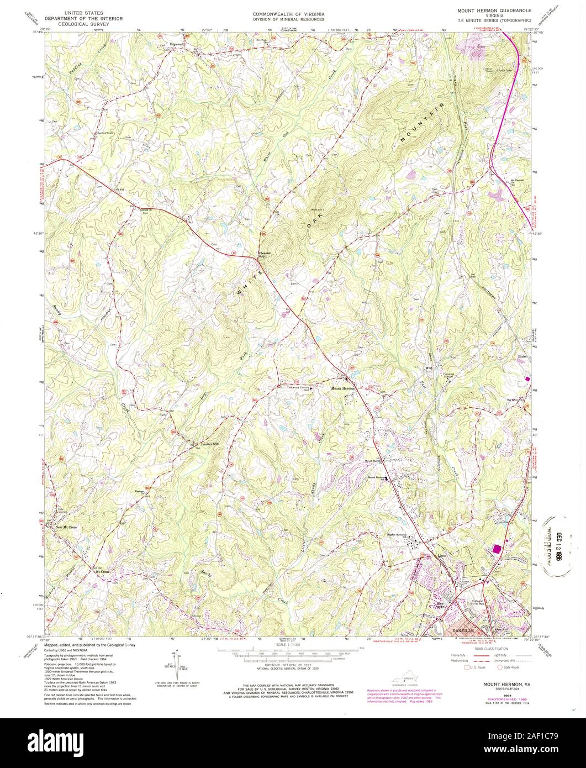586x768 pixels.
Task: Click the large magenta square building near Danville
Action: click(498, 549)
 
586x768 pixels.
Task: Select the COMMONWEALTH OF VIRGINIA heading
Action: click(289, 12)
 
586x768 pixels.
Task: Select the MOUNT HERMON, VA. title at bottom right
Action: click(494, 684)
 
